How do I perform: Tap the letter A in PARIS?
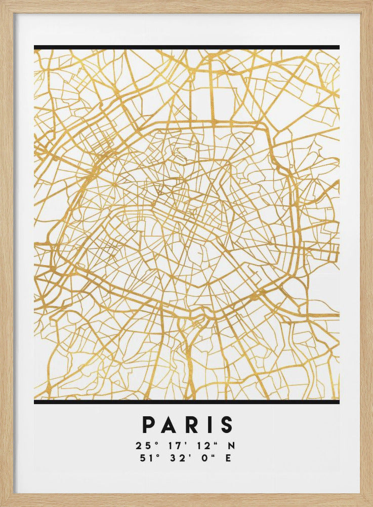(x=172, y=425)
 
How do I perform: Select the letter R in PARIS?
(x=194, y=425)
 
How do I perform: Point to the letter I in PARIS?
(x=211, y=425)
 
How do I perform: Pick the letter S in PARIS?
(x=227, y=425)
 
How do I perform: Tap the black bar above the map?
(x=186, y=48)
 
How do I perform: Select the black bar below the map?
(x=186, y=402)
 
